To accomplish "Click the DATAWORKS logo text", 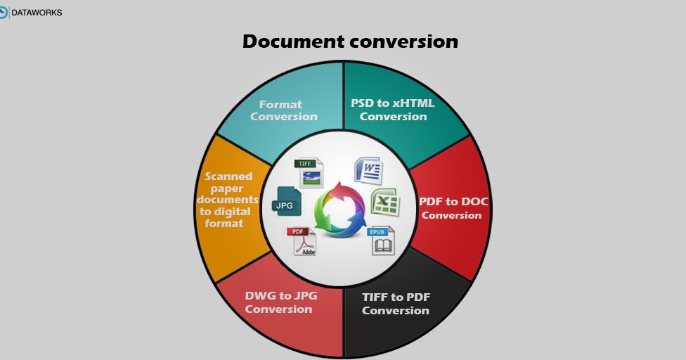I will (35, 12).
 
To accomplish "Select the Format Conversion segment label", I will (283, 110).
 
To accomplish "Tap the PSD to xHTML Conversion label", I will (393, 110).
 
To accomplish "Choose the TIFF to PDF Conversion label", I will (395, 304).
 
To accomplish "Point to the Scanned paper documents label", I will (227, 200).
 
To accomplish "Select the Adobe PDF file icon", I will (301, 240).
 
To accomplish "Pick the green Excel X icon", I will (385, 202).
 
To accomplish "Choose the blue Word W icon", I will (368, 170).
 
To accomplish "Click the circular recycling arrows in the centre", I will (340, 209).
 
